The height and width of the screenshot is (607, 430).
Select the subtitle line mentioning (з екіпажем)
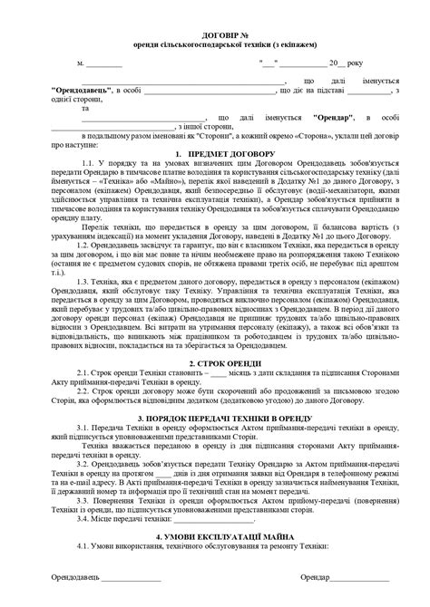[215, 43]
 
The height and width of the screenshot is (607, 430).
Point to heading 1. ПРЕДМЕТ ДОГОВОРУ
[215, 153]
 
